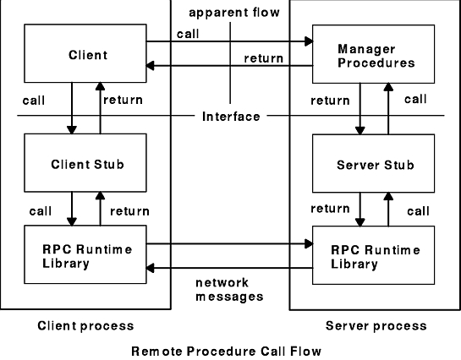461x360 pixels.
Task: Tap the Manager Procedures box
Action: [x=376, y=56]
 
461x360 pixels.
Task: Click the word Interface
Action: [x=231, y=116]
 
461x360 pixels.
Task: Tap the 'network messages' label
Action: [x=229, y=290]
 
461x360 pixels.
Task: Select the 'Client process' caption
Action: [x=85, y=325]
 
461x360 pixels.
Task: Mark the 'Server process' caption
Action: [x=376, y=325]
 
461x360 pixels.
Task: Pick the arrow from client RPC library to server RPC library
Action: [x=228, y=243]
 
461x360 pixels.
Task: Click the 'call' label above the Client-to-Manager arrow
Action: [x=189, y=33]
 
